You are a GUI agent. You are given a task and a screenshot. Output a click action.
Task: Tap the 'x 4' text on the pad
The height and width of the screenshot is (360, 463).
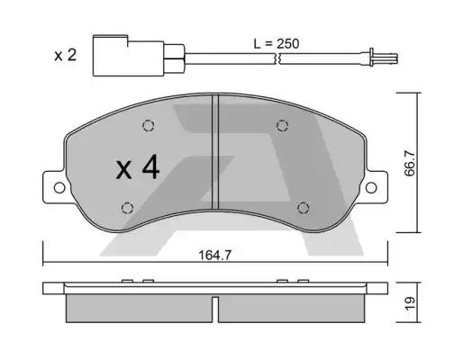(137, 167)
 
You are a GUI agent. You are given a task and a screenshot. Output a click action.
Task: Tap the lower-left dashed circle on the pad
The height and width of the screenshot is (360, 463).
(126, 207)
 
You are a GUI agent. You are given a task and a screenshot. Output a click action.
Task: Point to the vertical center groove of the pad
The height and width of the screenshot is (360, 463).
(216, 153)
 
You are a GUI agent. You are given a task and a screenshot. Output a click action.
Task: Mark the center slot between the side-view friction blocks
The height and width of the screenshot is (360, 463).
(216, 310)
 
